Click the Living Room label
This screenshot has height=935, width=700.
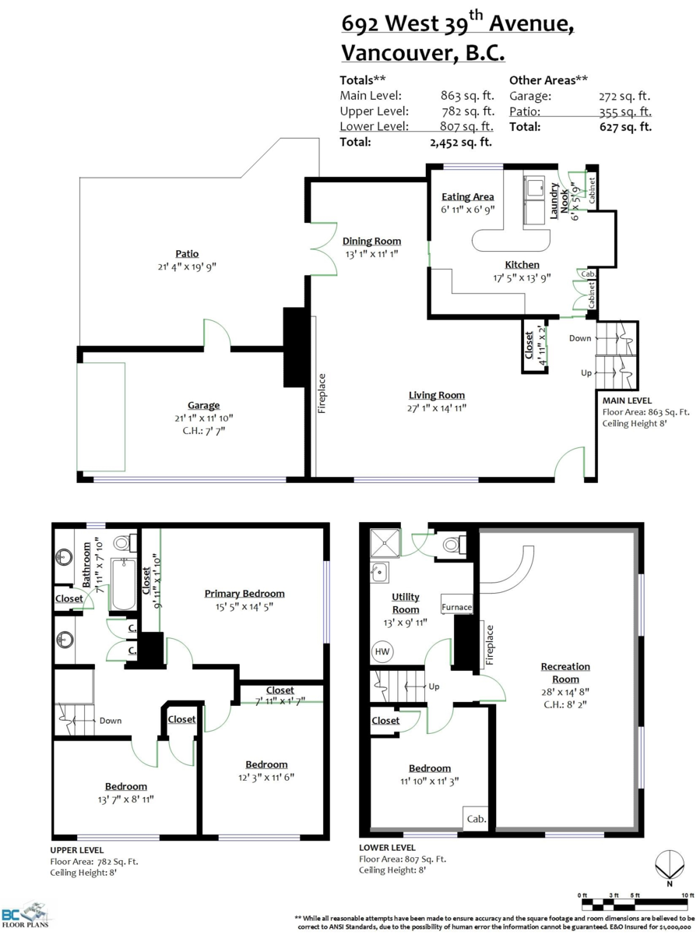(436, 395)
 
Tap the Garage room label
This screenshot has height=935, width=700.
(203, 405)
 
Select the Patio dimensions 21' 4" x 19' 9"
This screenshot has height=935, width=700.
(187, 266)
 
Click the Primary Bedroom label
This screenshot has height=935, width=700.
(244, 593)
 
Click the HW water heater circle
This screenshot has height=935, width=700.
(382, 651)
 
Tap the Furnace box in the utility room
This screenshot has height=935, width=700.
(456, 607)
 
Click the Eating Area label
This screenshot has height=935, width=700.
(467, 196)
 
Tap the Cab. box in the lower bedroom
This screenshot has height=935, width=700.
(477, 819)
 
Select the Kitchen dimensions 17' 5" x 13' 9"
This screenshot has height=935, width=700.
(522, 277)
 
